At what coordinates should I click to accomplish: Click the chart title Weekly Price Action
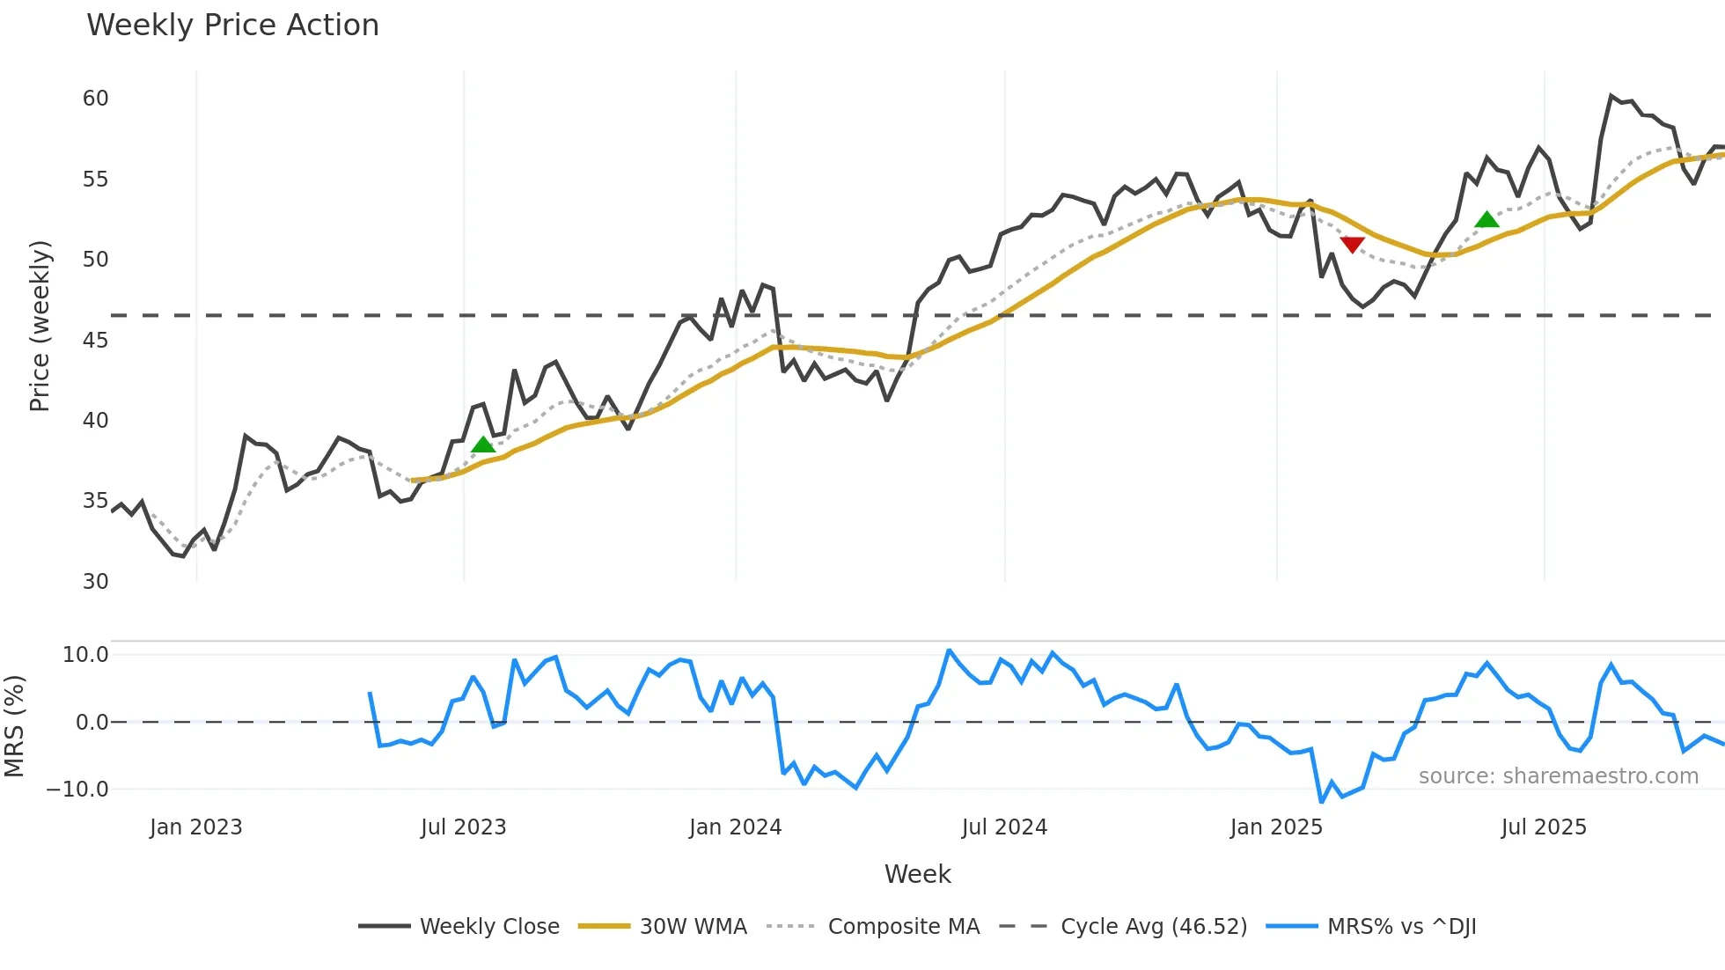(x=232, y=26)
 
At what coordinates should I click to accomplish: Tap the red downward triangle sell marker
(x=1352, y=245)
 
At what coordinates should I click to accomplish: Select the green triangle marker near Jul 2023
(x=483, y=445)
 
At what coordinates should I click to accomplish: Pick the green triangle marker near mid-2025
(x=1486, y=219)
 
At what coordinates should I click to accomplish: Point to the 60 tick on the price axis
(x=95, y=99)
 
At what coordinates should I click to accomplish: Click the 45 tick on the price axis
(x=95, y=340)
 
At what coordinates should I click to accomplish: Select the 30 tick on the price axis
(x=95, y=582)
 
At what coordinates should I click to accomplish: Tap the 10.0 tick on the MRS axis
(x=85, y=655)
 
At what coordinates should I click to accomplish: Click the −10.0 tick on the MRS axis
(x=77, y=790)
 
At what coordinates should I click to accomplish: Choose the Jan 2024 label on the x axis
(x=735, y=827)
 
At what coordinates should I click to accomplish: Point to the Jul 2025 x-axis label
(x=1544, y=827)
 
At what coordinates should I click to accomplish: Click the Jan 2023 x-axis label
(x=195, y=827)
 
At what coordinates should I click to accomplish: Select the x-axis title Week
(x=917, y=874)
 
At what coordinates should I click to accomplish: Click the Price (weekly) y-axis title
(x=40, y=326)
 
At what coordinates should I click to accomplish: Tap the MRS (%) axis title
(x=14, y=726)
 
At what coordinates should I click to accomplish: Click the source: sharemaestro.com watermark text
(x=1558, y=776)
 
